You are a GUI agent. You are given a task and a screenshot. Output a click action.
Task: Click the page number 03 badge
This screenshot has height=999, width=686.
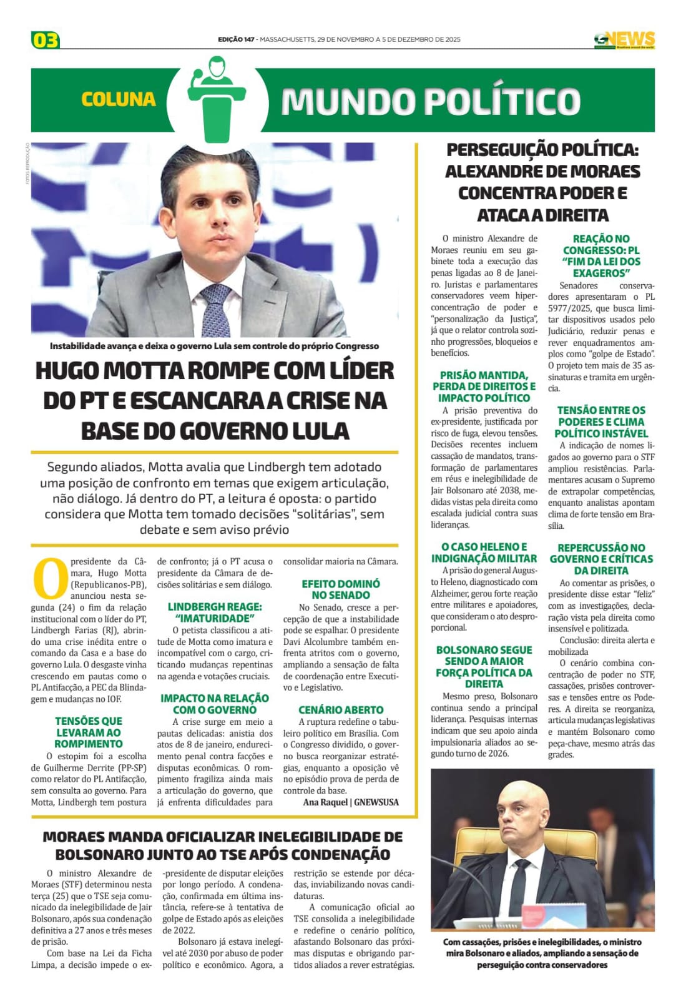[x=45, y=41]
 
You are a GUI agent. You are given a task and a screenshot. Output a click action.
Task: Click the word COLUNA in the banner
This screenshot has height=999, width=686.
[x=118, y=99]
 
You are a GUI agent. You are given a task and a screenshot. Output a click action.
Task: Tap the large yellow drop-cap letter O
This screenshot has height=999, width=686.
[x=49, y=578]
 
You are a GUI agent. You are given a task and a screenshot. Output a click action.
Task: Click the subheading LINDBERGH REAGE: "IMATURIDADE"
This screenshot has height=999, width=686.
[x=215, y=612]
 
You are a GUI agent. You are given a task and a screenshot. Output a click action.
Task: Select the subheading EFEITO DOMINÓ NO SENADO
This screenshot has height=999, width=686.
[x=341, y=589]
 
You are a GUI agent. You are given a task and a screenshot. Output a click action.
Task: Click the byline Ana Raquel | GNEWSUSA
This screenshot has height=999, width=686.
[x=351, y=802]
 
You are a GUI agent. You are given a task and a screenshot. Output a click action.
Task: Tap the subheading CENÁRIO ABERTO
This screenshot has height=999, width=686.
[x=341, y=709]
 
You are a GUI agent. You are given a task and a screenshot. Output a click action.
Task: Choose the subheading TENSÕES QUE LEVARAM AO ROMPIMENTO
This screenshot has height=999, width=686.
[x=89, y=732]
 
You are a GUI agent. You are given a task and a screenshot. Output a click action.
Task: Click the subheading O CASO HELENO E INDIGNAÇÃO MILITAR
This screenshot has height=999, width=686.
[x=484, y=553]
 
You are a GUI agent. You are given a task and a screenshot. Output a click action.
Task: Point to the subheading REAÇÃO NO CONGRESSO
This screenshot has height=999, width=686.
[x=601, y=255]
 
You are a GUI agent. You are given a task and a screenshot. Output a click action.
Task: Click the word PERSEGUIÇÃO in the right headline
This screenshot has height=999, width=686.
[x=502, y=150]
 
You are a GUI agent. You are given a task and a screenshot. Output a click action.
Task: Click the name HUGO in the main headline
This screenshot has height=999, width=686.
[x=67, y=371]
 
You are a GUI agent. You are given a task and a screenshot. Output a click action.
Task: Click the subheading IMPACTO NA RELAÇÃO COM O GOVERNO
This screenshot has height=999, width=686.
[x=215, y=704]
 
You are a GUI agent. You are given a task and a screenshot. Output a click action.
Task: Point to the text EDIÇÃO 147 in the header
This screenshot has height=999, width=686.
[x=236, y=39]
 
